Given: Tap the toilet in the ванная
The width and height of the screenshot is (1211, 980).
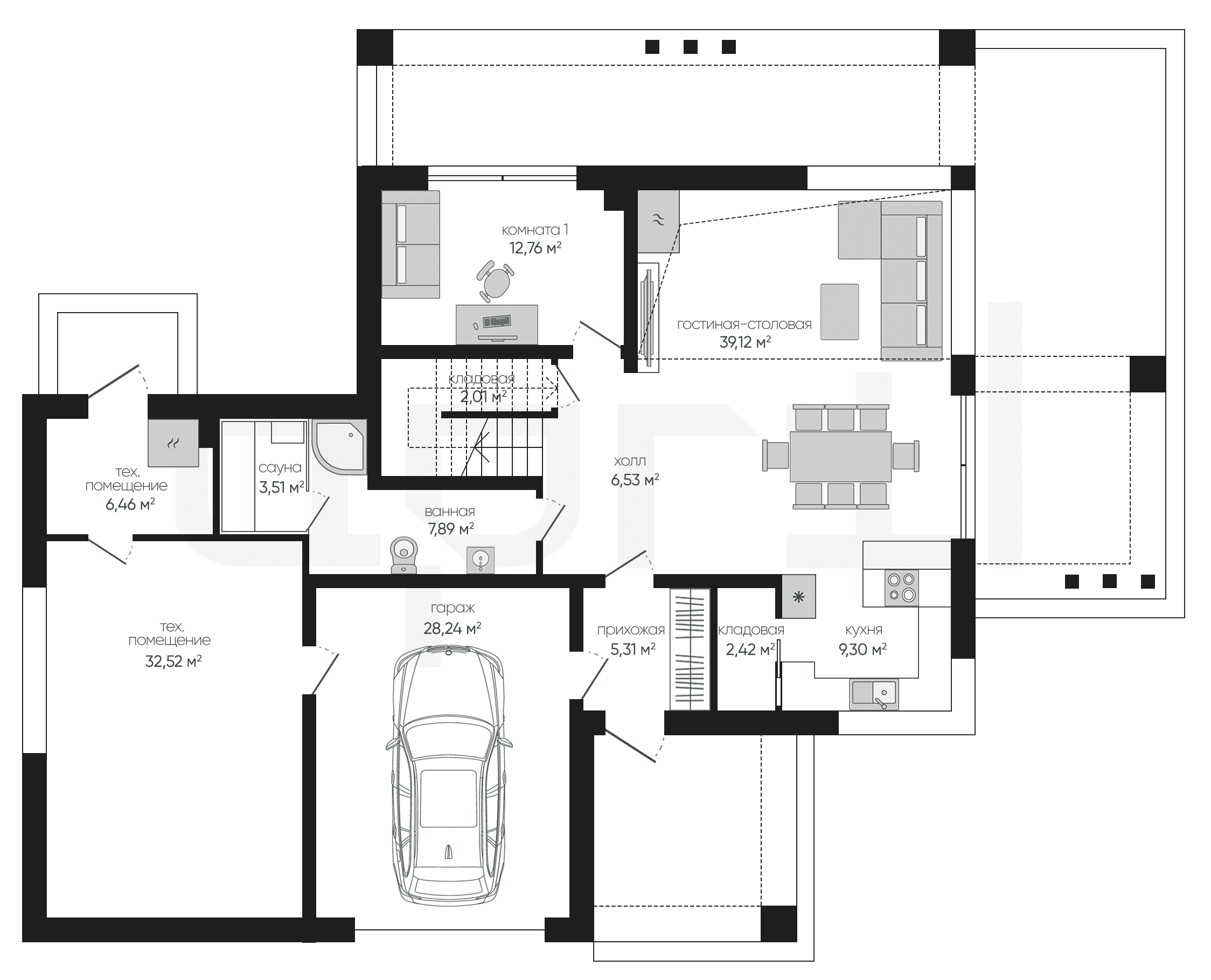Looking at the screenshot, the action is [x=404, y=554].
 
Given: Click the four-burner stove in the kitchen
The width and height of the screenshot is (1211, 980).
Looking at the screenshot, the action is [x=901, y=588].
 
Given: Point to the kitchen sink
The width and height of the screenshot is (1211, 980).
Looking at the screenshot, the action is [x=874, y=694].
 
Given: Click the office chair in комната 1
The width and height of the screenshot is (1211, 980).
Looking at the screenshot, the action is [x=496, y=280].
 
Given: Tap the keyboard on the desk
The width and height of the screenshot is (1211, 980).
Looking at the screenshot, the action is [x=497, y=321].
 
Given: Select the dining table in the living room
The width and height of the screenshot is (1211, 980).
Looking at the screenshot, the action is [x=840, y=456].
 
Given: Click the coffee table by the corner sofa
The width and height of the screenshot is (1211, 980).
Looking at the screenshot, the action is [x=839, y=312].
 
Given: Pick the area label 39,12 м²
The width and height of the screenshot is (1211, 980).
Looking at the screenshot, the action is [x=745, y=342].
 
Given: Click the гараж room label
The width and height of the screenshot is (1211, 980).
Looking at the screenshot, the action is [x=453, y=609].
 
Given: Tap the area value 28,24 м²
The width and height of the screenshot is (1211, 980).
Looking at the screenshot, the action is [x=453, y=629].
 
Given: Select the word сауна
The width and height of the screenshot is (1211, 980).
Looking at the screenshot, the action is [x=280, y=467].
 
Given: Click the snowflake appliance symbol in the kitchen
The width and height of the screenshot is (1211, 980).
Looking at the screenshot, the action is [x=799, y=597].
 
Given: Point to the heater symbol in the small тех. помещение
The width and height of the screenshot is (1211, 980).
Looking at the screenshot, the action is [x=173, y=443].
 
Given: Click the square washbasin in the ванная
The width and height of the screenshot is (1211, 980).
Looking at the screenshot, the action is [x=481, y=560].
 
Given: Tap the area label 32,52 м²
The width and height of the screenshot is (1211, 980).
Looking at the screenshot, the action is [x=173, y=661].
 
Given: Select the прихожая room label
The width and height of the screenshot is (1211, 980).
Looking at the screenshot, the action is [x=631, y=630].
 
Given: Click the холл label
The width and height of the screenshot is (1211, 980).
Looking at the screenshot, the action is [x=630, y=461].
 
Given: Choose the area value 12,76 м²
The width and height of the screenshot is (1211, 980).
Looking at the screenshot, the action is [x=535, y=248].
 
